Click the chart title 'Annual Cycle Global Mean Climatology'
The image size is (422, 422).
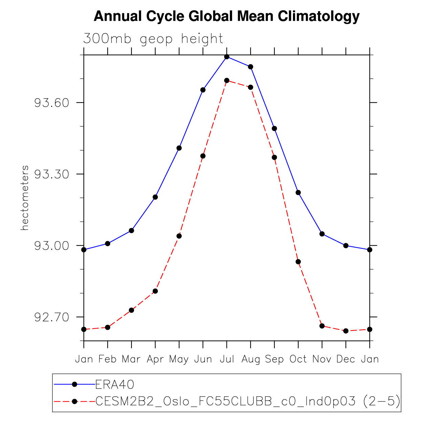pyautogui.click(x=226, y=16)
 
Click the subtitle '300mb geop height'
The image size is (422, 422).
pyautogui.click(x=153, y=39)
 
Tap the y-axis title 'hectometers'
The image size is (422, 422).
pyautogui.click(x=25, y=198)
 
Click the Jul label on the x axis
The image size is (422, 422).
pyautogui.click(x=227, y=359)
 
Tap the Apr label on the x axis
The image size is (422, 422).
pyautogui.click(x=155, y=359)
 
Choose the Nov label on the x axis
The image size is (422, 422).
pyautogui.click(x=322, y=359)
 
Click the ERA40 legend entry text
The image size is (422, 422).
pyautogui.click(x=115, y=384)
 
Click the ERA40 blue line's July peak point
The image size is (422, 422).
pyautogui.click(x=227, y=57)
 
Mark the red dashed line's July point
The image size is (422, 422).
pyautogui.click(x=227, y=80)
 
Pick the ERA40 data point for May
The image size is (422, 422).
pyautogui.click(x=179, y=148)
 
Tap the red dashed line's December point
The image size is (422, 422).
pyautogui.click(x=346, y=331)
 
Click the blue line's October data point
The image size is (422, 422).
pyautogui.click(x=298, y=192)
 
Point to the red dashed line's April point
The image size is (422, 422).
pyautogui.click(x=155, y=291)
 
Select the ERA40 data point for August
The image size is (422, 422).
pyautogui.click(x=251, y=67)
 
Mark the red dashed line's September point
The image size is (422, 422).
pyautogui.click(x=274, y=157)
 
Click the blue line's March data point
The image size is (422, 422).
pyautogui.click(x=131, y=231)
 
